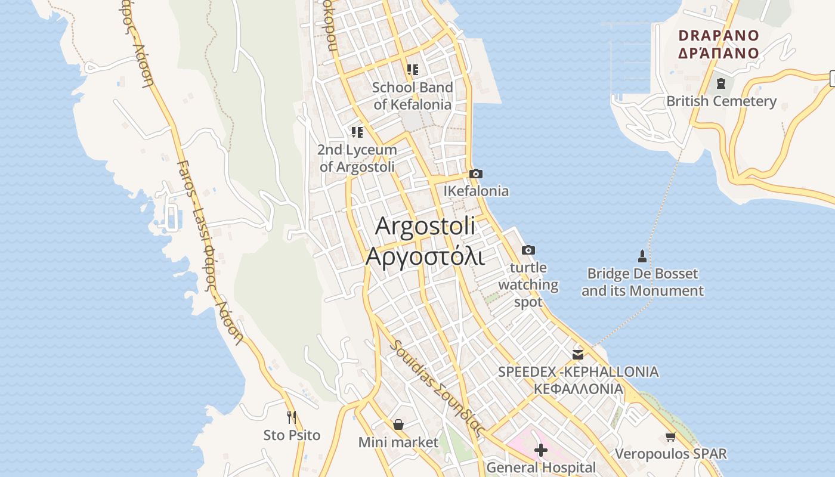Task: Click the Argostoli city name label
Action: point(425,241)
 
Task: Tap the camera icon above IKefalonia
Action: point(475,174)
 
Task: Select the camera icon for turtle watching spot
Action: point(528,250)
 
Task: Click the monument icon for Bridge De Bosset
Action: point(642,256)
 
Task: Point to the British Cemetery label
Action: point(721,101)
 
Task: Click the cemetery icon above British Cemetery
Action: point(720,83)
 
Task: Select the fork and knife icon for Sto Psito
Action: point(292,417)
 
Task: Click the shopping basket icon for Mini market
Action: point(398,425)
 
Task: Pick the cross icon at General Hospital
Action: point(540,450)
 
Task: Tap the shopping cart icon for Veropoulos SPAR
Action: point(670,437)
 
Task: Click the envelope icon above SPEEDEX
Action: point(577,354)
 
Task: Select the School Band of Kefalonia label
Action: point(412,96)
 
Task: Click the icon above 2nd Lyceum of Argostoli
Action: point(357,132)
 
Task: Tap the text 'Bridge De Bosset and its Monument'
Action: point(642,283)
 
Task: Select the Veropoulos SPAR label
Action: point(670,454)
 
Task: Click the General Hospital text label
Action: point(540,467)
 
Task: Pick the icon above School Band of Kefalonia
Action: point(412,70)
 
